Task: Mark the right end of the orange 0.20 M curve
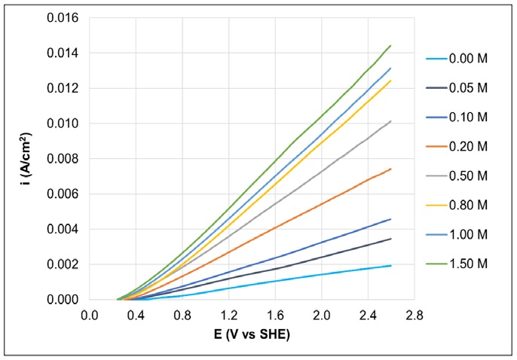coord(390,169)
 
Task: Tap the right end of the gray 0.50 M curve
coord(390,121)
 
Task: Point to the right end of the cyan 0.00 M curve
coord(390,265)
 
